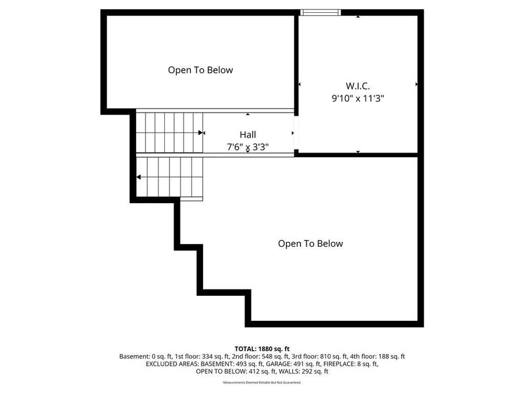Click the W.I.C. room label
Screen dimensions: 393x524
pyautogui.click(x=357, y=86)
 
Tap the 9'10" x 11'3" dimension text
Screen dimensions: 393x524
pyautogui.click(x=357, y=98)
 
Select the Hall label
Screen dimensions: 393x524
pyautogui.click(x=247, y=134)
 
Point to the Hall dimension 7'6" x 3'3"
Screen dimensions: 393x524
pyautogui.click(x=247, y=147)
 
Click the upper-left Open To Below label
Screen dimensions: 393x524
pyautogui.click(x=200, y=70)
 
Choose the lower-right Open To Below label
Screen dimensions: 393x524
pyautogui.click(x=310, y=243)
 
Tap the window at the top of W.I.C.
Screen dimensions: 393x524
pyautogui.click(x=320, y=12)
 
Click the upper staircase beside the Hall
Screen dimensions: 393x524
pyautogui.click(x=169, y=133)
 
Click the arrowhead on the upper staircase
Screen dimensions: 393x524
pyautogui.click(x=201, y=133)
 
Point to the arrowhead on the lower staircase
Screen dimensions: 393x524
pyautogui.click(x=139, y=177)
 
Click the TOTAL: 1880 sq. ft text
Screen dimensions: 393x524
pyautogui.click(x=262, y=348)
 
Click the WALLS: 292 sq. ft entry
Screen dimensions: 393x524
pyautogui.click(x=308, y=371)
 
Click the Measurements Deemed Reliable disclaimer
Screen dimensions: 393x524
pyautogui.click(x=262, y=383)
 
